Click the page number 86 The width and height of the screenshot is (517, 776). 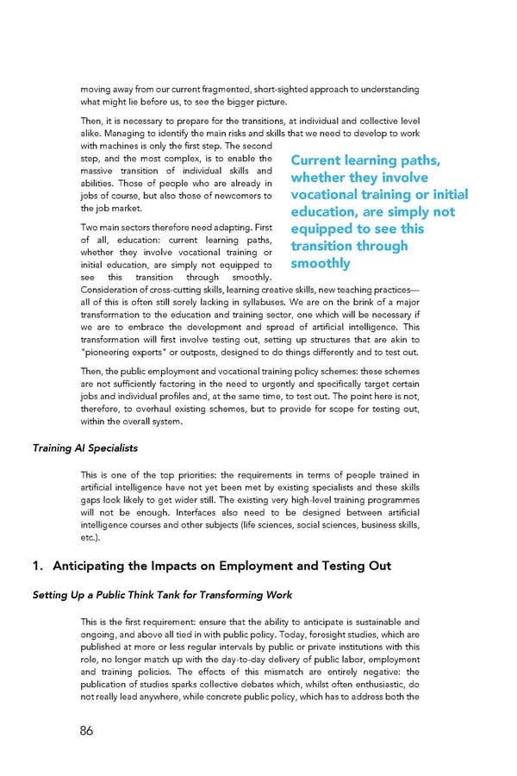tap(86, 730)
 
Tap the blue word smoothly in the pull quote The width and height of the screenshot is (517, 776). tap(321, 263)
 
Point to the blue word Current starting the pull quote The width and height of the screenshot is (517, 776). tap(321, 160)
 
